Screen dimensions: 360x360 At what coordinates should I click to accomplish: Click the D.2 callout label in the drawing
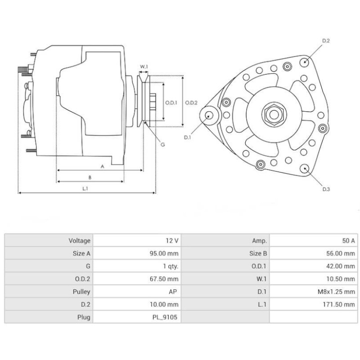pos(326,41)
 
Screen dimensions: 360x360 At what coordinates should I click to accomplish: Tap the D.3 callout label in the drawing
pos(326,189)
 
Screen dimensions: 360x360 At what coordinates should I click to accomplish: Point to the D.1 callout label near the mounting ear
pos(187,137)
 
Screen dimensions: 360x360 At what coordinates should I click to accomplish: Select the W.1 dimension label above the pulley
pos(144,67)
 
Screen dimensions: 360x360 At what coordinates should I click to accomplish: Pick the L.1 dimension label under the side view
pos(85,189)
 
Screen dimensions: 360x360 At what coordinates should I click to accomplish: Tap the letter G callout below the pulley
pos(162,144)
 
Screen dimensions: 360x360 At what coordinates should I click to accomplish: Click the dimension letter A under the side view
pos(102,166)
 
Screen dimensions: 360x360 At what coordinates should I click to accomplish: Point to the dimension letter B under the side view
pos(90,177)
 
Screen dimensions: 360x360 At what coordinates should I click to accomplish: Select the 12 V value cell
pos(171,241)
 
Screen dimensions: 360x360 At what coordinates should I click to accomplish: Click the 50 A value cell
pos(348,241)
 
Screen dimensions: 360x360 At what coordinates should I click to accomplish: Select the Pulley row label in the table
pos(81,292)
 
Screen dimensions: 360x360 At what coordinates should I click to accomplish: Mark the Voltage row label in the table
pos(80,241)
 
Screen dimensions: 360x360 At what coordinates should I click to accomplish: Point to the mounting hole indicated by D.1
pos(209,115)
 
